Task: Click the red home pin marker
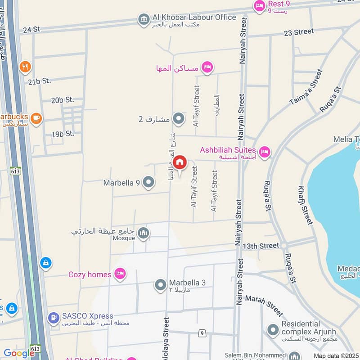point(180,162)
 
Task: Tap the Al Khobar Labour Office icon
point(144,19)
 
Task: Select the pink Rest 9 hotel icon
point(260,6)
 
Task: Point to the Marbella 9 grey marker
point(148,182)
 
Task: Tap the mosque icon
point(144,233)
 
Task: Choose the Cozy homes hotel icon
point(119,274)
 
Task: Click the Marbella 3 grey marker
point(161,285)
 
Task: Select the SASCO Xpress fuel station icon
point(54,318)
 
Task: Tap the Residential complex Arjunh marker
point(273,330)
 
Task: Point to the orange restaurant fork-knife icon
point(25,67)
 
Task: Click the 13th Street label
point(261,246)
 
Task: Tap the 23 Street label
point(298,31)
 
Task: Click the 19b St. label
point(63,134)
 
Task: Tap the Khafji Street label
point(305,205)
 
